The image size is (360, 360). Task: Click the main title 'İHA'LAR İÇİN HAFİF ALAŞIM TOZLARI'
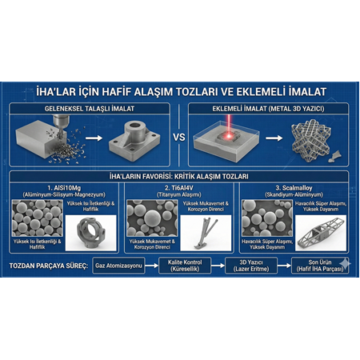(179, 89)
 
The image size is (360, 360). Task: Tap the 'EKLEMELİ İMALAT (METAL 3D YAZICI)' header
(270, 107)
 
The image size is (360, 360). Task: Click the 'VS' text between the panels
(179, 137)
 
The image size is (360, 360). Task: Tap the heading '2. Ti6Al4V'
(180, 187)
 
